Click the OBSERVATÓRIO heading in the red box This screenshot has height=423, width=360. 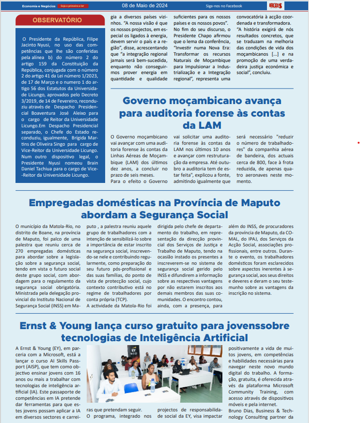[x=57, y=20]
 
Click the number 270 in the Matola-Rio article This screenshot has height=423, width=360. [x=21, y=251]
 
